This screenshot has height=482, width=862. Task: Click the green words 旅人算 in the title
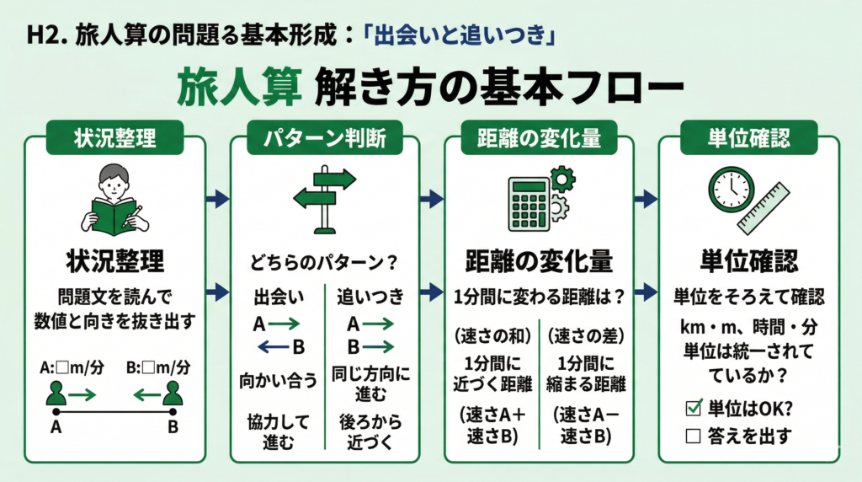(x=238, y=88)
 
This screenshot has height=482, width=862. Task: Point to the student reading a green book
(x=114, y=201)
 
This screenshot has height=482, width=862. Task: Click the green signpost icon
(x=324, y=199)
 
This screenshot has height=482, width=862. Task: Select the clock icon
(x=728, y=190)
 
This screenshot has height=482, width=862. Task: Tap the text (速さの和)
(x=493, y=335)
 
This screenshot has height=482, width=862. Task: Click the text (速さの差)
(x=584, y=335)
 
